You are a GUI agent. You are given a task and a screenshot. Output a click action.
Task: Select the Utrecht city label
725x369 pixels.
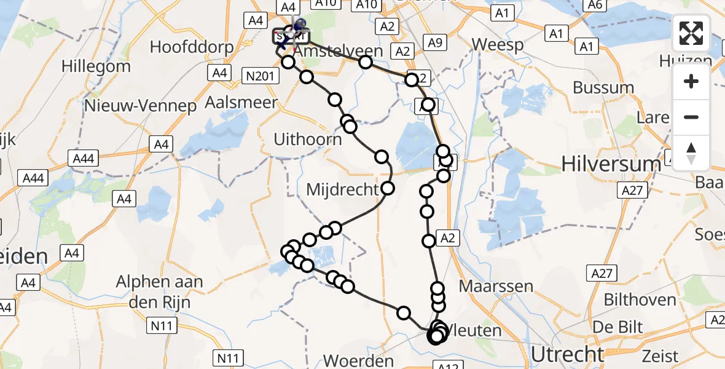(x=568, y=354)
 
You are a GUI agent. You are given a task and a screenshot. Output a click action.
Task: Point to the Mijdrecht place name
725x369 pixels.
(x=343, y=189)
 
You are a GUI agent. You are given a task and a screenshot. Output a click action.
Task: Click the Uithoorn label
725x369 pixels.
(x=308, y=140)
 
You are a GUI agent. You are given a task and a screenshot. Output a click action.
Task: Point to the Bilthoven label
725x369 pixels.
(x=640, y=300)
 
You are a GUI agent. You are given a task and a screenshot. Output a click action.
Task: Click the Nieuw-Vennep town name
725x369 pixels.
(x=141, y=106)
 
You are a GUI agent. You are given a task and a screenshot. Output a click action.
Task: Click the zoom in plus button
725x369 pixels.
(x=691, y=81)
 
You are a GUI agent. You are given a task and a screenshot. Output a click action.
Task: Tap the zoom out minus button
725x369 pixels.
(x=691, y=117)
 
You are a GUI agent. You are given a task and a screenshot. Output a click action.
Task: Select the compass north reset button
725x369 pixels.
(x=691, y=153)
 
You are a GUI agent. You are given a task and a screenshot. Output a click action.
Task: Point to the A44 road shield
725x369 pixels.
(x=83, y=159)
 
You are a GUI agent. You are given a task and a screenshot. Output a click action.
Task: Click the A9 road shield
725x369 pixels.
(x=434, y=42)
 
